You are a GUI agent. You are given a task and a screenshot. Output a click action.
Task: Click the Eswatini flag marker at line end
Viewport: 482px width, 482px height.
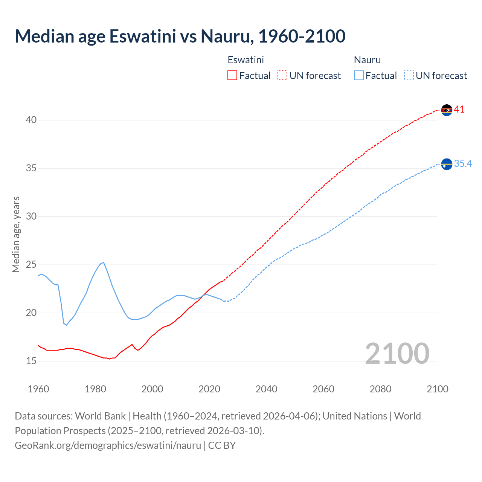point(447,110)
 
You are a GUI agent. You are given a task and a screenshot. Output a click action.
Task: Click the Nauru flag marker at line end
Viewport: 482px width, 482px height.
point(447,164)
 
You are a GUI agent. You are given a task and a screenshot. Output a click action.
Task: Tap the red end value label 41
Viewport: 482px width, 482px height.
point(459,110)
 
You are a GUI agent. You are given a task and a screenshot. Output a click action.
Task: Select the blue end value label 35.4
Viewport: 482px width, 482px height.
point(463,163)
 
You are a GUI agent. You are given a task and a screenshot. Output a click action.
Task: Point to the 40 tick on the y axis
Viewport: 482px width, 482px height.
point(31,120)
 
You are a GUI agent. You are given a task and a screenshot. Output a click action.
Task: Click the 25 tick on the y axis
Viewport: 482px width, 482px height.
point(31,265)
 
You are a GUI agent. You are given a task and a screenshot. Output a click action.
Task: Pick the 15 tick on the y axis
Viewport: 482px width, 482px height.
point(31,361)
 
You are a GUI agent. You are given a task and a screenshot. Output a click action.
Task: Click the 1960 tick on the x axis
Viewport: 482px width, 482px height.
point(38,389)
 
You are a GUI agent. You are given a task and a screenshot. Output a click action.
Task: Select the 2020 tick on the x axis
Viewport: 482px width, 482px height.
point(209,389)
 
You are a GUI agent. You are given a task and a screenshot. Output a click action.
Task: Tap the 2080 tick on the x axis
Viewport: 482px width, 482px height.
point(380,389)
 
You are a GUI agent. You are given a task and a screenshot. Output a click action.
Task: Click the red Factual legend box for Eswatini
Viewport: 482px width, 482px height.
point(232,76)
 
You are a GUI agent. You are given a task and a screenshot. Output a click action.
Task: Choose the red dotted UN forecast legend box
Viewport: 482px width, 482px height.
point(282,76)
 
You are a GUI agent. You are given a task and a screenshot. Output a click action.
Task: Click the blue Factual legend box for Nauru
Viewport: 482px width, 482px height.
point(359,76)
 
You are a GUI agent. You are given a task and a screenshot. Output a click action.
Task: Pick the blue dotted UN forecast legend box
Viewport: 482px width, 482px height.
point(409,76)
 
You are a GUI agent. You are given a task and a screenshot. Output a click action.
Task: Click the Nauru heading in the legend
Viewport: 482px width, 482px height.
point(367,60)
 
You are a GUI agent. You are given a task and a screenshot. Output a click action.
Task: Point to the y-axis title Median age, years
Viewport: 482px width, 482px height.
point(16,234)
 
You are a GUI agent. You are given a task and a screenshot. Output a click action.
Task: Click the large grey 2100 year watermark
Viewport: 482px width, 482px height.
point(397,354)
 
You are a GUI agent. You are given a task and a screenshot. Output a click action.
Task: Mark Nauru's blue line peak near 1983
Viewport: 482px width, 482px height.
point(103,262)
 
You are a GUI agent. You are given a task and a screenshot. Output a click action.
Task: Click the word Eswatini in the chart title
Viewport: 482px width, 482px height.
point(142,36)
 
